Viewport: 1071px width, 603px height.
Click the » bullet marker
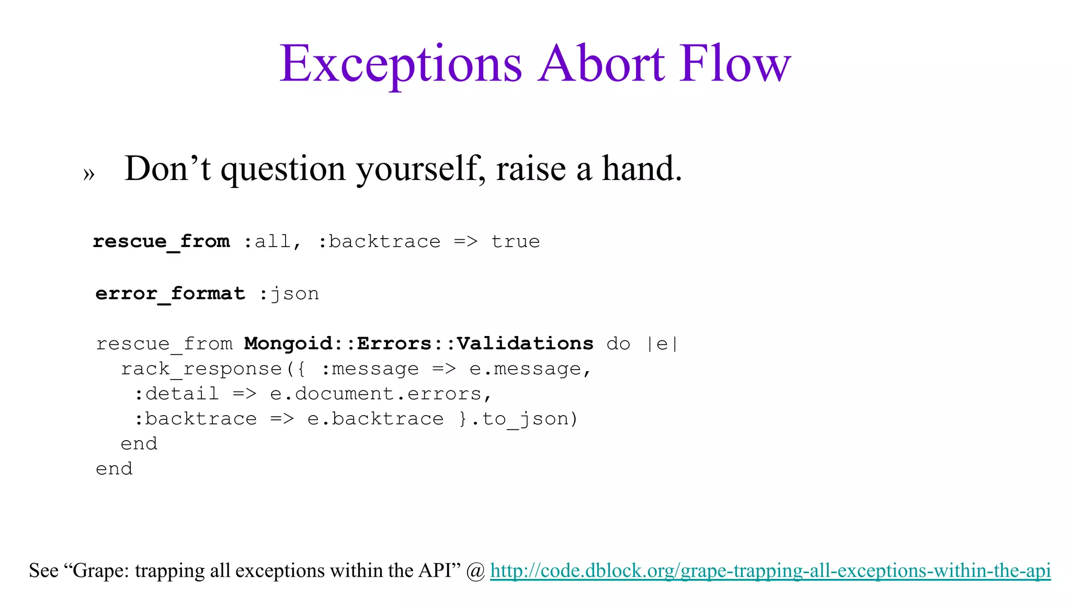89,173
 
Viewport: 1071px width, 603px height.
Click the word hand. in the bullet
642,169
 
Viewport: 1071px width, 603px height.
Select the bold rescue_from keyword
161,241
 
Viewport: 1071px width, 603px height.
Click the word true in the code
515,241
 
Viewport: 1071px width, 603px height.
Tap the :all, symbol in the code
272,241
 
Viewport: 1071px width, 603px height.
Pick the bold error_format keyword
170,294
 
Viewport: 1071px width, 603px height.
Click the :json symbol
289,294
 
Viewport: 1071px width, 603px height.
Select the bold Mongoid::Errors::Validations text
418,343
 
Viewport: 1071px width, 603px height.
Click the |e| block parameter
662,344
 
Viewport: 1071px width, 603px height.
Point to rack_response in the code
201,369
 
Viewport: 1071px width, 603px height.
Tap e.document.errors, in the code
381,394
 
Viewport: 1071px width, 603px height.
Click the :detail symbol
177,394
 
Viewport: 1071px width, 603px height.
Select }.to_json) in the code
518,419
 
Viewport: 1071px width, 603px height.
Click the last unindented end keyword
114,468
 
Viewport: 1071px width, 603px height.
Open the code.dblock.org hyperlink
770,571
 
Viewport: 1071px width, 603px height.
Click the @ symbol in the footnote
476,571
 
